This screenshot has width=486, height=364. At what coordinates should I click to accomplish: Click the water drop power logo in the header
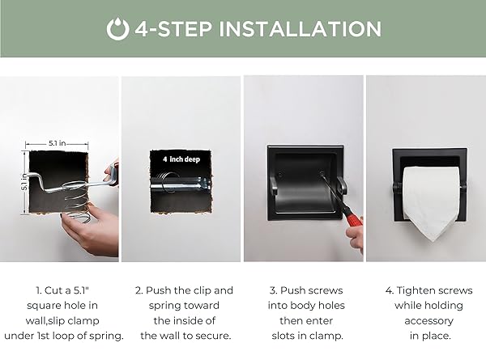click(117, 29)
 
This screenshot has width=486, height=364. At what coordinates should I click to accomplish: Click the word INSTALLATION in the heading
click(300, 29)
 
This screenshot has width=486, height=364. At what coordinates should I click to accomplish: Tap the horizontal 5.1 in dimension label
click(57, 143)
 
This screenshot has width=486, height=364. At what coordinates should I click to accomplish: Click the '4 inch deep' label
click(181, 159)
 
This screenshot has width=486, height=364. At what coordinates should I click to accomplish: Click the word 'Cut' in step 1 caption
click(53, 290)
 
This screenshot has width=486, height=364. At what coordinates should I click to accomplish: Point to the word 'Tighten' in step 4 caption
click(414, 290)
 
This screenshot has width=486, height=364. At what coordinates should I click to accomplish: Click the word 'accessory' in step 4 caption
click(429, 321)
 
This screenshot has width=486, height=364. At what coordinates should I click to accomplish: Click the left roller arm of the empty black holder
click(273, 185)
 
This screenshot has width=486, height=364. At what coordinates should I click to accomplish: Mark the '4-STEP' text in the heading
click(173, 29)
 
